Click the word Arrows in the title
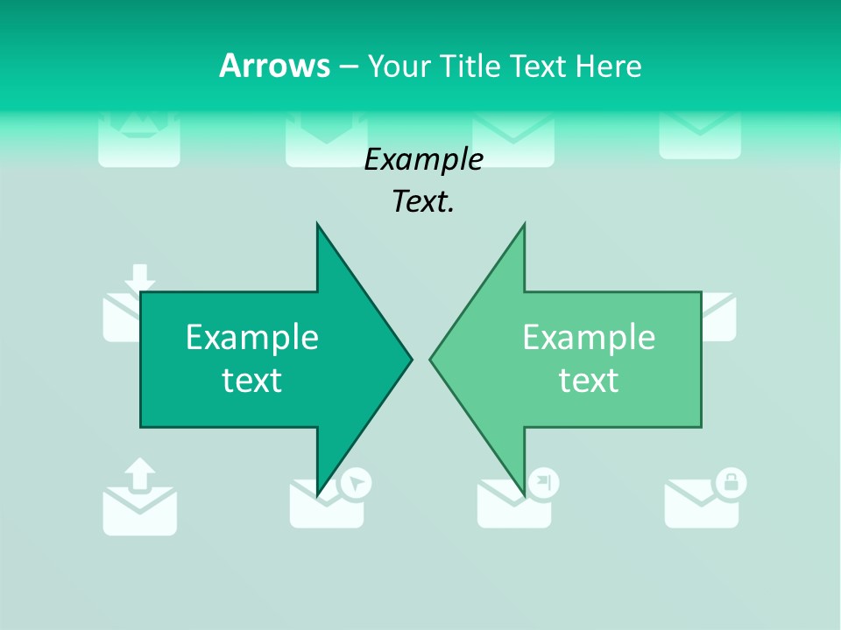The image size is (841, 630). point(275,66)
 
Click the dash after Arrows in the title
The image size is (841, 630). point(349,66)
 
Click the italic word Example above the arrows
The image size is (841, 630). point(423,159)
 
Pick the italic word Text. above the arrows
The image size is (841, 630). point(423,202)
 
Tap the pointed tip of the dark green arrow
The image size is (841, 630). point(410,358)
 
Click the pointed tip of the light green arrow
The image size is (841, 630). point(432,358)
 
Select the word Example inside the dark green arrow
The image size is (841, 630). point(252,338)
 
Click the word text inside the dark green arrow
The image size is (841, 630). point(252,381)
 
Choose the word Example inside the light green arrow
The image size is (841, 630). point(589,338)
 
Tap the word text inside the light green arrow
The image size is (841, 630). point(589,381)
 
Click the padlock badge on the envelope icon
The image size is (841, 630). point(731,482)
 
